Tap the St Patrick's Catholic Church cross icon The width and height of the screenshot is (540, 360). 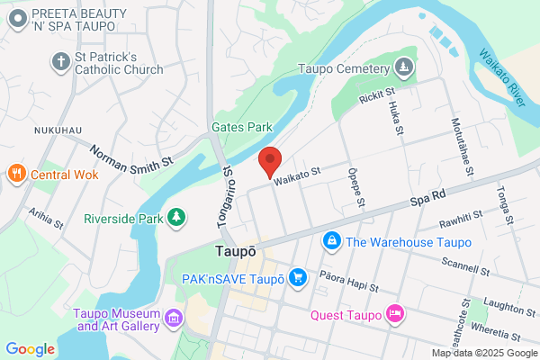pyautogui.click(x=60, y=61)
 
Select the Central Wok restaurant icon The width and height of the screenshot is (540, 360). pyautogui.click(x=15, y=174)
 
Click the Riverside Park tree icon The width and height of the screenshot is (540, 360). pyautogui.click(x=178, y=218)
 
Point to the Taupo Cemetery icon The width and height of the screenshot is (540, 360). pyautogui.click(x=405, y=67)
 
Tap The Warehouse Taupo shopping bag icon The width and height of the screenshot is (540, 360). pyautogui.click(x=332, y=241)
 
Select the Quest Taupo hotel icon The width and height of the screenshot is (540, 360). pyautogui.click(x=393, y=314)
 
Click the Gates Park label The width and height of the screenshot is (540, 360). pyautogui.click(x=241, y=128)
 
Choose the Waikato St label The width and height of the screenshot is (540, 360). pyautogui.click(x=298, y=180)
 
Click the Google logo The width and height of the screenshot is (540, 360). pyautogui.click(x=31, y=349)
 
